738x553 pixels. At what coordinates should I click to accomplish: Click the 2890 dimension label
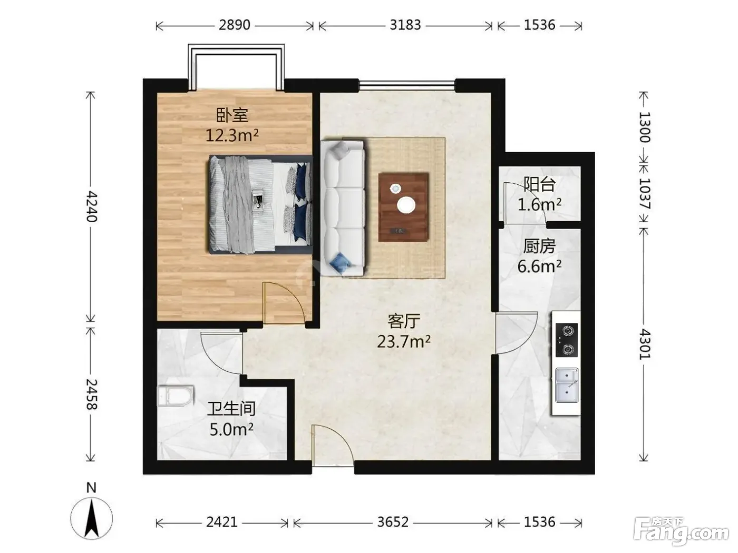tap(235, 25)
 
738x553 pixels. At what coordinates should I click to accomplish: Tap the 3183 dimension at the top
tap(405, 25)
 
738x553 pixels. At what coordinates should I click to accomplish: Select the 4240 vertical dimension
tap(91, 206)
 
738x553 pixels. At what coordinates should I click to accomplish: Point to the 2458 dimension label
tap(91, 394)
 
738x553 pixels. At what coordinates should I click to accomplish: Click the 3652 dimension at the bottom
tap(393, 522)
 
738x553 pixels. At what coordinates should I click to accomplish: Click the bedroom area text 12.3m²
tap(232, 136)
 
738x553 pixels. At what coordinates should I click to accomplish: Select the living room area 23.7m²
tap(403, 342)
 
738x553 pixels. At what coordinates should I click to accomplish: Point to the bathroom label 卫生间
tap(231, 409)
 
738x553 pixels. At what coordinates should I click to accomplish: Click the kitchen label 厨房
tap(539, 246)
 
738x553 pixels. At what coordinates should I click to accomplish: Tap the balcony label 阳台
tap(539, 184)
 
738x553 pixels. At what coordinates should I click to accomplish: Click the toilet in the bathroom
tap(176, 396)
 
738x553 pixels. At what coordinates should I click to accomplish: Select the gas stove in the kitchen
tap(567, 340)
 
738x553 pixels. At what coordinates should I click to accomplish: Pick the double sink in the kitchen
tap(567, 385)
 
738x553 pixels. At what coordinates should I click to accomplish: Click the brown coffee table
tap(403, 207)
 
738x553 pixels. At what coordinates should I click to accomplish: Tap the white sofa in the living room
tap(343, 208)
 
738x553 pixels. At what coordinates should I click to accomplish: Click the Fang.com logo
tap(681, 531)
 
